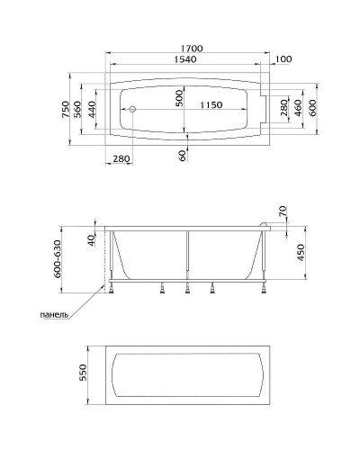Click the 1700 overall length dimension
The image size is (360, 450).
(x=192, y=49)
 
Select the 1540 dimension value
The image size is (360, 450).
(x=185, y=59)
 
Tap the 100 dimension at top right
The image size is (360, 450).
(x=283, y=59)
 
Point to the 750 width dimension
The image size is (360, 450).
(x=66, y=109)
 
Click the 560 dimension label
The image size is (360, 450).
(x=77, y=109)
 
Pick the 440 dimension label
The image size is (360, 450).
(x=92, y=109)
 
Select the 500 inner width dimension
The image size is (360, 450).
(x=179, y=98)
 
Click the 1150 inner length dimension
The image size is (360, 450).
(x=211, y=105)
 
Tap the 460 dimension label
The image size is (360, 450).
(x=298, y=108)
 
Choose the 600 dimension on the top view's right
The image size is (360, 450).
(x=312, y=108)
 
